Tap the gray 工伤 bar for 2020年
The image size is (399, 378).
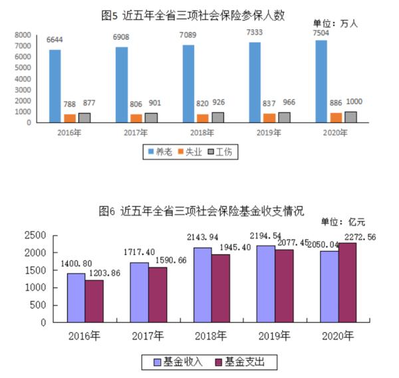click(x=350, y=116)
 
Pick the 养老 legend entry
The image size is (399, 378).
click(x=160, y=152)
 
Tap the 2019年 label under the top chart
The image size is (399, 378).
click(x=269, y=132)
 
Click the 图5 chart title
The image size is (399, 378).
click(x=193, y=14)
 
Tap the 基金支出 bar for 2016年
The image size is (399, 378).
click(x=94, y=301)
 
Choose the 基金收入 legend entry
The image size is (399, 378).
click(x=174, y=362)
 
